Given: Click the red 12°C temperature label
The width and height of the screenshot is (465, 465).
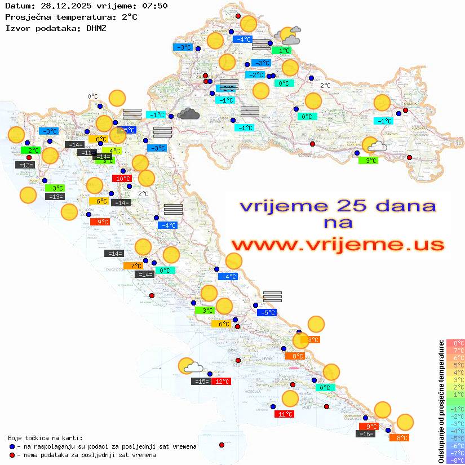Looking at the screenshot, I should (x=222, y=382).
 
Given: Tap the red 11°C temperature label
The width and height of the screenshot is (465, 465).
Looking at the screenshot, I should (x=284, y=414).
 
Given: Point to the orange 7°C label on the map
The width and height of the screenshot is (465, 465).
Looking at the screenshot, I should (x=136, y=265).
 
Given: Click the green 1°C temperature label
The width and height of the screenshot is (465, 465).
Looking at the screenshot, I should (x=281, y=51).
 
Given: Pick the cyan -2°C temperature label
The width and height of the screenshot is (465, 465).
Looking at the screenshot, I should (x=255, y=75).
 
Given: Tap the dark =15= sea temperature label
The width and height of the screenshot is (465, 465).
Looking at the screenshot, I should (x=201, y=382).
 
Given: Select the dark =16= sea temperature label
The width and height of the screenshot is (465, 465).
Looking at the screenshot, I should (x=366, y=434).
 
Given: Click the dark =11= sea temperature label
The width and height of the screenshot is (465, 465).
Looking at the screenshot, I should (x=86, y=152).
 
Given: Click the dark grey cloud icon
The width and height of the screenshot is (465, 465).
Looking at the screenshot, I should (x=188, y=114).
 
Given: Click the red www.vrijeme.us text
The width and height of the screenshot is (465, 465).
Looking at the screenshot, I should (x=338, y=245).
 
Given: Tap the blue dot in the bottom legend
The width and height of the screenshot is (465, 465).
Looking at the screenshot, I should (x=12, y=446).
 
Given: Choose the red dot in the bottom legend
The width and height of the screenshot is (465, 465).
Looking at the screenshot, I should (x=12, y=455).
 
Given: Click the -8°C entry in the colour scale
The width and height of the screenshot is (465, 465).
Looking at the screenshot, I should (x=455, y=460).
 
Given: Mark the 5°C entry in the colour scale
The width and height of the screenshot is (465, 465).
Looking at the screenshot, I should (x=455, y=365).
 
